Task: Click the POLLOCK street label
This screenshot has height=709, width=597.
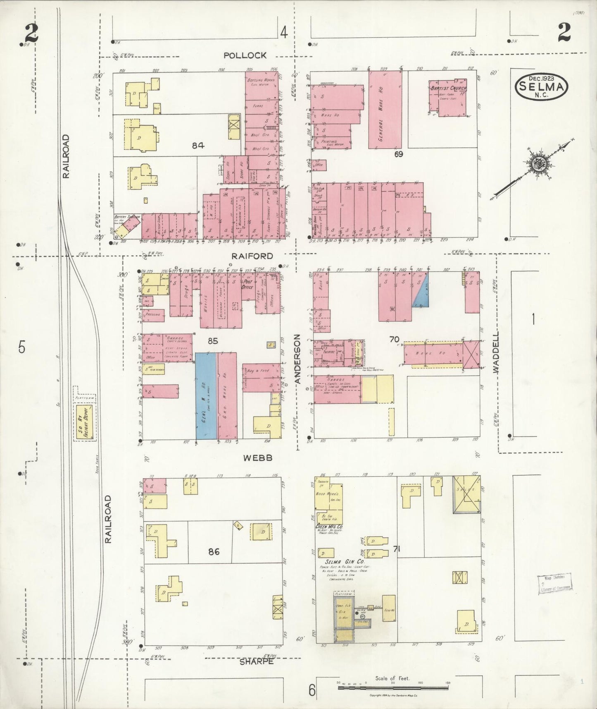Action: (x=245, y=55)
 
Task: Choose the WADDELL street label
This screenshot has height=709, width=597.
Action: (x=496, y=353)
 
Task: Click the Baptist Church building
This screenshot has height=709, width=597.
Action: (x=448, y=98)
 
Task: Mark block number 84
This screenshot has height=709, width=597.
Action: (x=198, y=146)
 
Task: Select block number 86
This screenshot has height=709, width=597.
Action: (x=214, y=551)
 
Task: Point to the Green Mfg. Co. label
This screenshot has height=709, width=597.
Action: (x=329, y=527)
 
